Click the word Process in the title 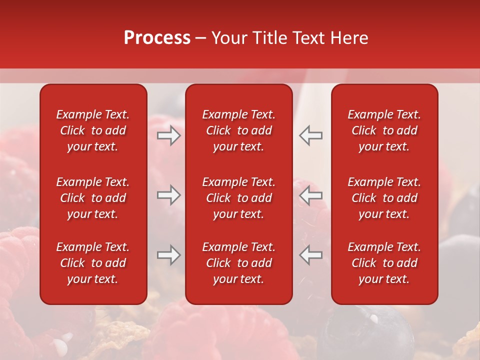[x=157, y=38]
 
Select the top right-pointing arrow [x=169, y=135]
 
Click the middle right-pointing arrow [x=169, y=195]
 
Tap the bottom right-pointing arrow [x=169, y=255]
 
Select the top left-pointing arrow [x=311, y=135]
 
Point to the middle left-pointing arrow [x=311, y=195]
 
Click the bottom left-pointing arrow [x=311, y=255]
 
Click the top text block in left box [x=93, y=130]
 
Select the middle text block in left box [x=93, y=198]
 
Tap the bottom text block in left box [x=93, y=263]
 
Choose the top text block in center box [x=238, y=130]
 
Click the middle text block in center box [x=238, y=198]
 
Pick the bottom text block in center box [x=238, y=263]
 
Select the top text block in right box [x=384, y=130]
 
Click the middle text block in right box [x=384, y=198]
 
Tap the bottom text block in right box [x=384, y=263]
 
